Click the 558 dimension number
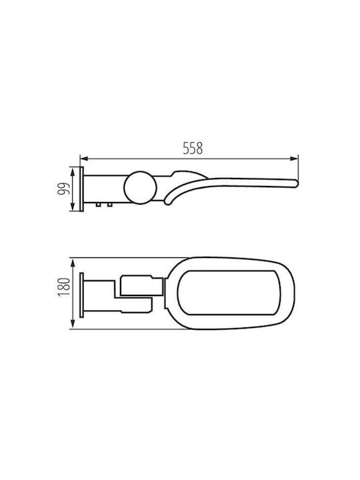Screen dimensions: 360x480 193,148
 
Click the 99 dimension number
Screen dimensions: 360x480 64,189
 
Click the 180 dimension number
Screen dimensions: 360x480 64,287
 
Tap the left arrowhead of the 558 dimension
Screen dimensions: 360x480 84,159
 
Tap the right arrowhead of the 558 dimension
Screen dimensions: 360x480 294,159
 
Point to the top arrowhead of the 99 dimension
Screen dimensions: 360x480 73,171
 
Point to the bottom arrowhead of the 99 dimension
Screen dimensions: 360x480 73,207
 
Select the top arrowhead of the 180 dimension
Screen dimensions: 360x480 73,263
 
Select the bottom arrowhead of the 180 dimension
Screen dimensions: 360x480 73,325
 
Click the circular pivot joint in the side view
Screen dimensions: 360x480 140,187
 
